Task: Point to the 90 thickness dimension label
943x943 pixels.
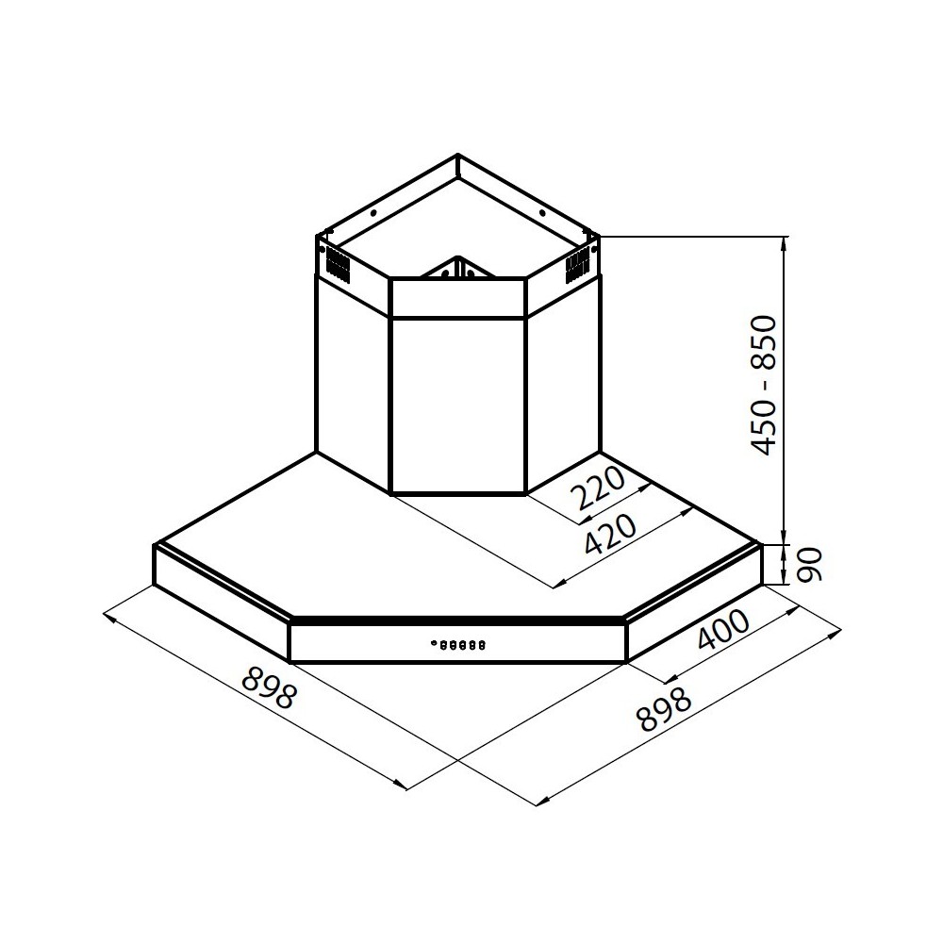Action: [810, 565]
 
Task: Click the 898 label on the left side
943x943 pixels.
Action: [269, 688]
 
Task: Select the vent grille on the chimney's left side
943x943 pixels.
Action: [336, 265]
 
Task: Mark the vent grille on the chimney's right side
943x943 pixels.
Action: [576, 267]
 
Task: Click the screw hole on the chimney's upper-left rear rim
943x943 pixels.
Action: [374, 214]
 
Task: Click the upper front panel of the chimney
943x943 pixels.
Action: [457, 298]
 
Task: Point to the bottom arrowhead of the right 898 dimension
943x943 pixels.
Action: [538, 802]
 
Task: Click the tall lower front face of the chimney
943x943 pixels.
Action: [457, 405]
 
